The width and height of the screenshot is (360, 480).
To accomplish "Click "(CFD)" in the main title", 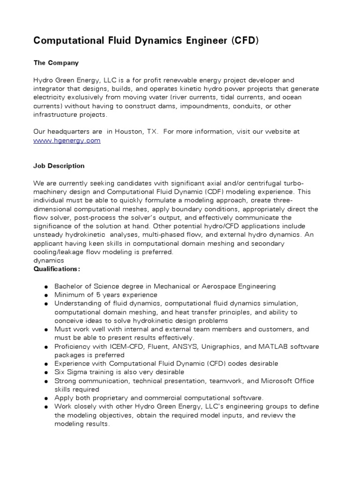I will (243, 41).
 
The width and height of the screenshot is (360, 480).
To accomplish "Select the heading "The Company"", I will (56, 62).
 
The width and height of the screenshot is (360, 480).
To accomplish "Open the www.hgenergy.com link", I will (67, 140).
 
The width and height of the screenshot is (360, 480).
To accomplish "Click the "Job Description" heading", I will (59, 166).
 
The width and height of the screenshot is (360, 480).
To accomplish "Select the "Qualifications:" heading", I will (57, 269).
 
